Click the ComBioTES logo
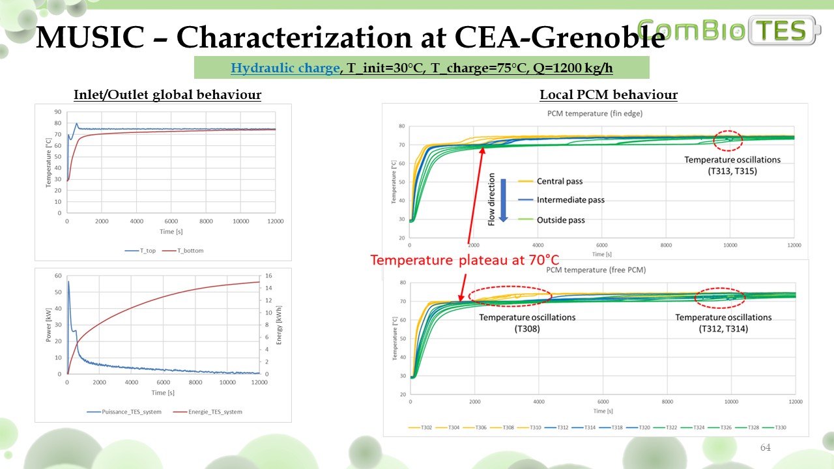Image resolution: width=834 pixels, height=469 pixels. [730, 31]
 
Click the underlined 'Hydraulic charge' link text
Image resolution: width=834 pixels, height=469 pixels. [285, 68]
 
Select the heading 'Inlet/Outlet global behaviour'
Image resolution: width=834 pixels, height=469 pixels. [167, 95]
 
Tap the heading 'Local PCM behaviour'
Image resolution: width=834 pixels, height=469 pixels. [609, 95]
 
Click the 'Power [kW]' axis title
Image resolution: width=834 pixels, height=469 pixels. [50, 324]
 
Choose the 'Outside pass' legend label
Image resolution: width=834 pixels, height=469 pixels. [560, 220]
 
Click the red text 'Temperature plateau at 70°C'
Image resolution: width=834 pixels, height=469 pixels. [465, 260]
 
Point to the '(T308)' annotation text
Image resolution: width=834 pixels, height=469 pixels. [527, 329]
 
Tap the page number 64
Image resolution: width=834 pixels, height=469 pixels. [765, 448]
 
